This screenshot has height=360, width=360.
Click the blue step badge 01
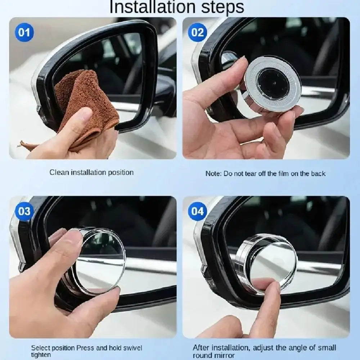[24, 33]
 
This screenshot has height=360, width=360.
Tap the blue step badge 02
[197, 33]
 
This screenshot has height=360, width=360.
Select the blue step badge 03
[24, 211]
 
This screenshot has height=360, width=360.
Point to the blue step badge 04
[197, 211]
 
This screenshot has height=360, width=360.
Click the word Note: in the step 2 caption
[213, 174]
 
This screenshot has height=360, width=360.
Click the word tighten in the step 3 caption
[41, 355]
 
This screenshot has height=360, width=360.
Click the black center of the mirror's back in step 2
[273, 84]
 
